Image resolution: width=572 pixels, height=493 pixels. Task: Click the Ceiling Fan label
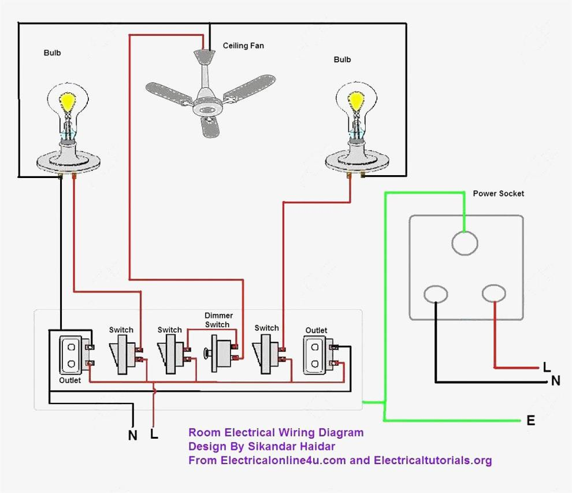[243, 46]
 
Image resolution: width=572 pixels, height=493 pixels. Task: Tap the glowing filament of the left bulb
[68, 102]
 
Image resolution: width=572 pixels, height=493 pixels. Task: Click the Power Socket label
[498, 194]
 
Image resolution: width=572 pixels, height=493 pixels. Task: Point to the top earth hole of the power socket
[465, 243]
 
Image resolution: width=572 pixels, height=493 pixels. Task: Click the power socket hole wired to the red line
[494, 293]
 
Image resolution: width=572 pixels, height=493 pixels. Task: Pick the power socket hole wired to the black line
[436, 294]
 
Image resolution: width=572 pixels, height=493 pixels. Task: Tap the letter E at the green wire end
[531, 420]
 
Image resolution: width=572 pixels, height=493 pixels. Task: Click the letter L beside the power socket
[547, 367]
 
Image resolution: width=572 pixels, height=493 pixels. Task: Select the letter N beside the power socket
[556, 381]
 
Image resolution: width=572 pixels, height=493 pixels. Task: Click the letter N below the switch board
[133, 435]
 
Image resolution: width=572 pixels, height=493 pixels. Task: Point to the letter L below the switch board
[154, 433]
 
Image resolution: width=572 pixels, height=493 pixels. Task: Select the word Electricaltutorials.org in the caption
[433, 461]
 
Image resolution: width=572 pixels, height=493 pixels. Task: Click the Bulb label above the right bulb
[342, 60]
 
